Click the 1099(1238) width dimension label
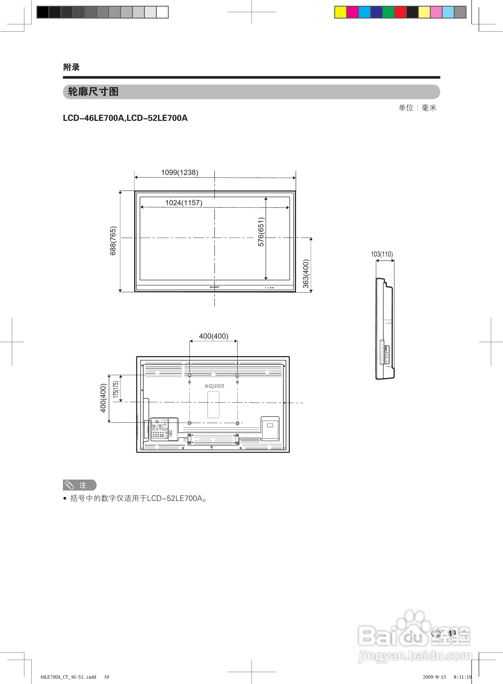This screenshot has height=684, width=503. [x=180, y=172]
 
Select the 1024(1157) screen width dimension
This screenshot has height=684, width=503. [x=184, y=203]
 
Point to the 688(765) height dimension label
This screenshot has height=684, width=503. [x=113, y=241]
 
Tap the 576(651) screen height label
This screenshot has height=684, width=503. [x=261, y=232]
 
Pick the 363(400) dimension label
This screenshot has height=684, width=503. [x=306, y=273]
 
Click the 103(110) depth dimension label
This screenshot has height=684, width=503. [x=382, y=254]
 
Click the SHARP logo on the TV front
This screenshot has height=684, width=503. [x=214, y=287]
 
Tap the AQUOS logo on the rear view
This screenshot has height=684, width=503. [x=214, y=386]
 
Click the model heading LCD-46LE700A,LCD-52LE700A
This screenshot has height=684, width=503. [x=125, y=118]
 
